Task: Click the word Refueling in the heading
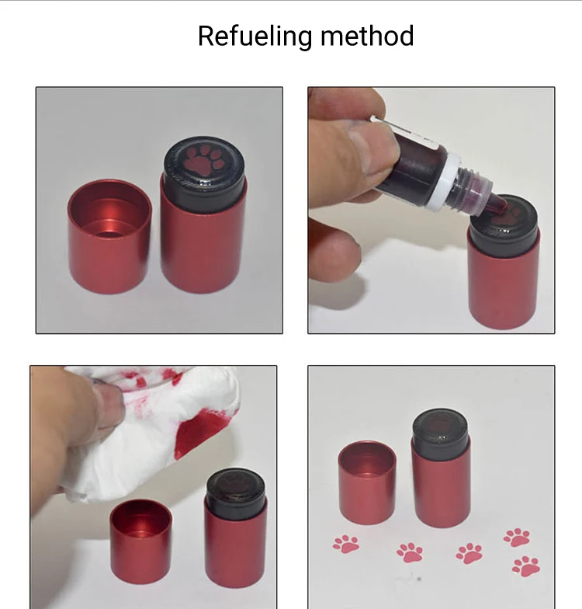click(x=255, y=37)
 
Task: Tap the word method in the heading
click(x=367, y=36)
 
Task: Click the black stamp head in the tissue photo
click(x=236, y=494)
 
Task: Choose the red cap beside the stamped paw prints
click(x=367, y=482)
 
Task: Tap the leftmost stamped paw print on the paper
click(x=346, y=544)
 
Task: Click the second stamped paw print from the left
click(x=410, y=553)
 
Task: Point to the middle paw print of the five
click(x=470, y=553)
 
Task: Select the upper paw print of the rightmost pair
click(x=517, y=538)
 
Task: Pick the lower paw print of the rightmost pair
click(x=526, y=566)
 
